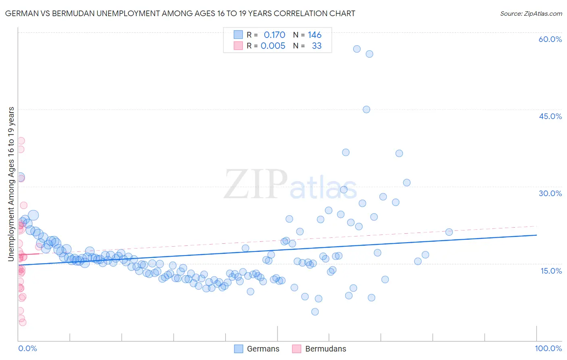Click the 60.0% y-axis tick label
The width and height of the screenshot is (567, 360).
(x=550, y=40)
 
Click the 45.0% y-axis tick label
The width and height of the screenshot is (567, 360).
(x=550, y=116)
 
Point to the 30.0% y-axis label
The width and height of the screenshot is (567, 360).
(x=550, y=193)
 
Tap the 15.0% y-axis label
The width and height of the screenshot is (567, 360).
(x=551, y=271)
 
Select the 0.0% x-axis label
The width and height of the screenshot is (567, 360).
(x=27, y=348)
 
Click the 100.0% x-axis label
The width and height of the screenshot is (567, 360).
(x=548, y=348)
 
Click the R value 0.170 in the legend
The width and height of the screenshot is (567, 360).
(x=274, y=35)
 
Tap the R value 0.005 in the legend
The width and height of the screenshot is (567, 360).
(x=273, y=46)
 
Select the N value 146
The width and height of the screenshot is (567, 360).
(x=315, y=35)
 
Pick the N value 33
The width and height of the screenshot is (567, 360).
(x=317, y=46)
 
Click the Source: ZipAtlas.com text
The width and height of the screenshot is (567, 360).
(x=531, y=14)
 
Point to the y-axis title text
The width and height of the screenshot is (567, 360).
(x=11, y=184)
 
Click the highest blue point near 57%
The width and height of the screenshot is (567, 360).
(x=357, y=49)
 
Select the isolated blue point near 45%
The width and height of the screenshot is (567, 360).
(x=366, y=109)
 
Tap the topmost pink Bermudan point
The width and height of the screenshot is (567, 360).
(x=21, y=141)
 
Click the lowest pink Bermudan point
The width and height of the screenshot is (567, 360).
(x=23, y=322)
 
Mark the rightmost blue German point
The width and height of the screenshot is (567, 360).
(x=449, y=232)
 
